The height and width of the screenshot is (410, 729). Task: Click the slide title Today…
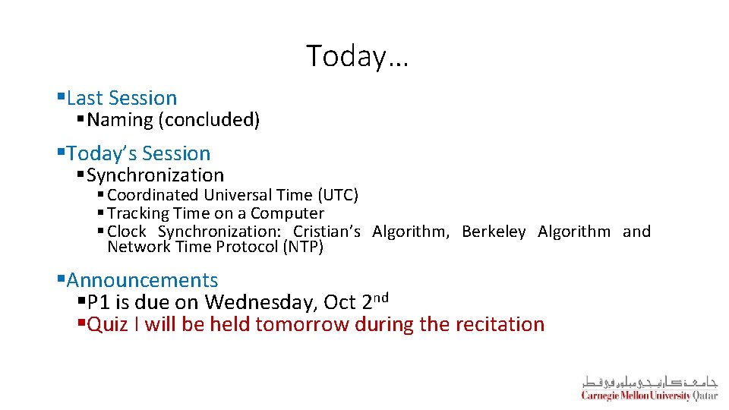pos(357,56)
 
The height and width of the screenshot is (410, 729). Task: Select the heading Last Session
pos(121,98)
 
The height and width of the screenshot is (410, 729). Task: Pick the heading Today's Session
pos(138,153)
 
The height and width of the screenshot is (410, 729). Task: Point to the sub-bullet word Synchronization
pos(156,175)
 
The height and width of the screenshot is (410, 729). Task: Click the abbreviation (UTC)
pos(334,195)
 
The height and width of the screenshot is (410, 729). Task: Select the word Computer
pos(287,213)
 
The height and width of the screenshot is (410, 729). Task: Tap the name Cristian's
pos(327,232)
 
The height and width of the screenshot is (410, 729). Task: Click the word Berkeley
pos(494,232)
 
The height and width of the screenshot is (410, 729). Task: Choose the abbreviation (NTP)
pos(303,247)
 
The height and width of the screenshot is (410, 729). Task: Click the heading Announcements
pos(142,281)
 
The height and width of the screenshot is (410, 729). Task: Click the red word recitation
pos(500,325)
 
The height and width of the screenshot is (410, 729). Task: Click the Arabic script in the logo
pos(649,381)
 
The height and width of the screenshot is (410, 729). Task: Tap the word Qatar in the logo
pos(705,396)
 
